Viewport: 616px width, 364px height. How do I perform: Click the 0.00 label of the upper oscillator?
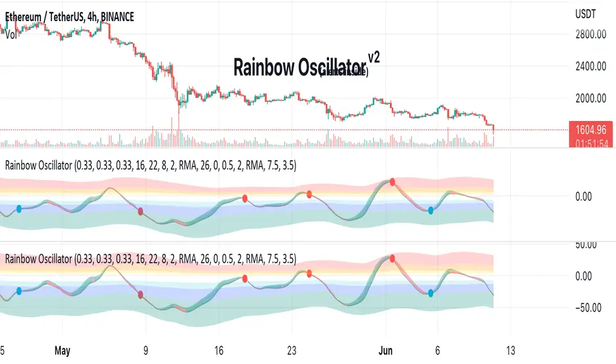588,196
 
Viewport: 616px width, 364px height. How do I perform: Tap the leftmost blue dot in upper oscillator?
19,208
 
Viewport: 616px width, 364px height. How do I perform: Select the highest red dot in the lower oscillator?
393,258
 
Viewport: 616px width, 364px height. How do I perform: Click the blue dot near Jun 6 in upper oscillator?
431,210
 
